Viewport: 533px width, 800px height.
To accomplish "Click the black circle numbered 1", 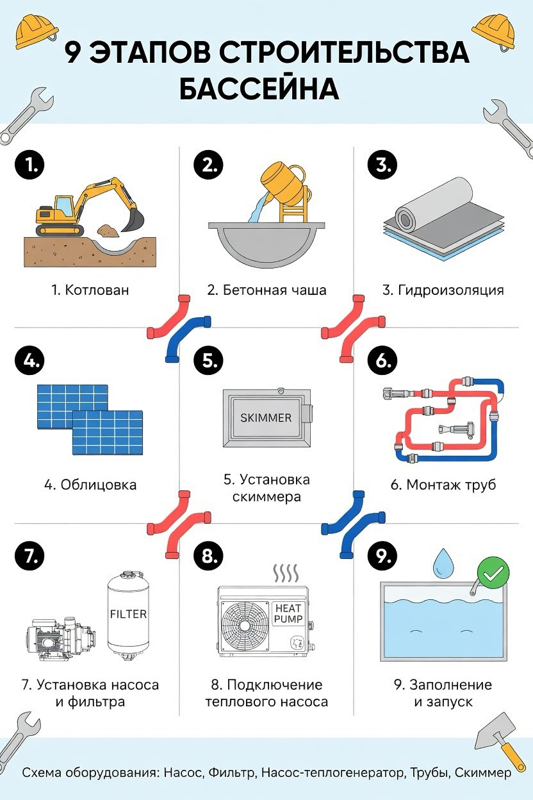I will click(x=29, y=165).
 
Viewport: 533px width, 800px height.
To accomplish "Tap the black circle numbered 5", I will click(x=208, y=361).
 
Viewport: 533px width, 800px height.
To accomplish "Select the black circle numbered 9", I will click(x=382, y=556).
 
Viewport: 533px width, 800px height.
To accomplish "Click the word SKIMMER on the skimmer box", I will click(x=265, y=418).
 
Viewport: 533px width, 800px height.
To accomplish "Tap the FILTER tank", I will click(x=128, y=612).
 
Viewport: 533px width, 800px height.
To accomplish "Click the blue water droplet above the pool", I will click(x=442, y=562).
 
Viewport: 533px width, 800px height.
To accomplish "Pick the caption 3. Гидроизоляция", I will click(x=443, y=290).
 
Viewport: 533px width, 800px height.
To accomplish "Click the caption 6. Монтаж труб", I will click(x=443, y=485).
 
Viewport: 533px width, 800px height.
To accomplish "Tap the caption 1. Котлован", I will click(x=90, y=290).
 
